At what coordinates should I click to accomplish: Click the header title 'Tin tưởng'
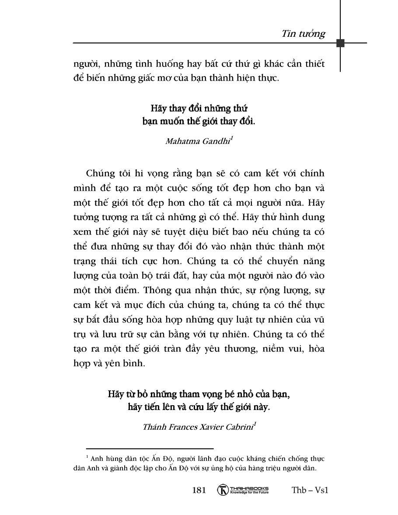coord(304,34)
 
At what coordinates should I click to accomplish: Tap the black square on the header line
coord(341,43)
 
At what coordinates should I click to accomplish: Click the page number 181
coord(199,490)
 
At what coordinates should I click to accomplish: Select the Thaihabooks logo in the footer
coord(243,490)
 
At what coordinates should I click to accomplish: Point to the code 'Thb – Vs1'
coord(310,490)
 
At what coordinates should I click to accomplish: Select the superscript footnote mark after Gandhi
coord(231,138)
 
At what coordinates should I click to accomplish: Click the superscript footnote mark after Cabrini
coord(255,424)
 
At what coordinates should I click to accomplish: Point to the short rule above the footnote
coord(150,448)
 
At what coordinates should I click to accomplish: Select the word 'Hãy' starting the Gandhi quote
coord(159,108)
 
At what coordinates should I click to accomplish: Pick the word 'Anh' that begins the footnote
coord(96,459)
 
